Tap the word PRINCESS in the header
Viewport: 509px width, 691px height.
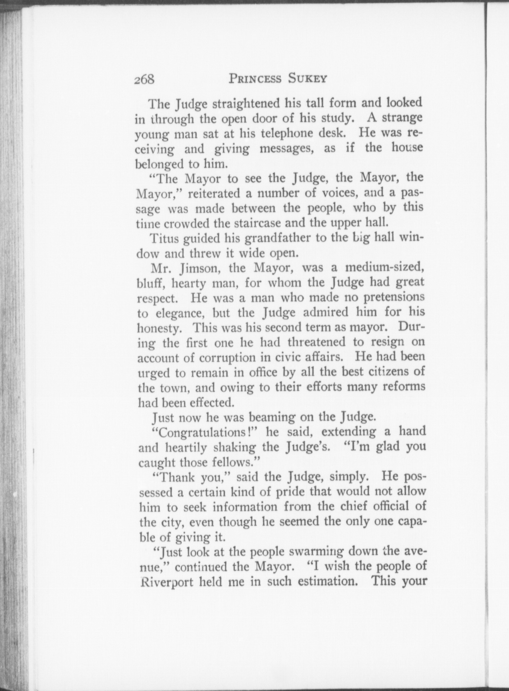255,78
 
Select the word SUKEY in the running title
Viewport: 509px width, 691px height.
308,78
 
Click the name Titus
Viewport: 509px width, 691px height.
164,238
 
